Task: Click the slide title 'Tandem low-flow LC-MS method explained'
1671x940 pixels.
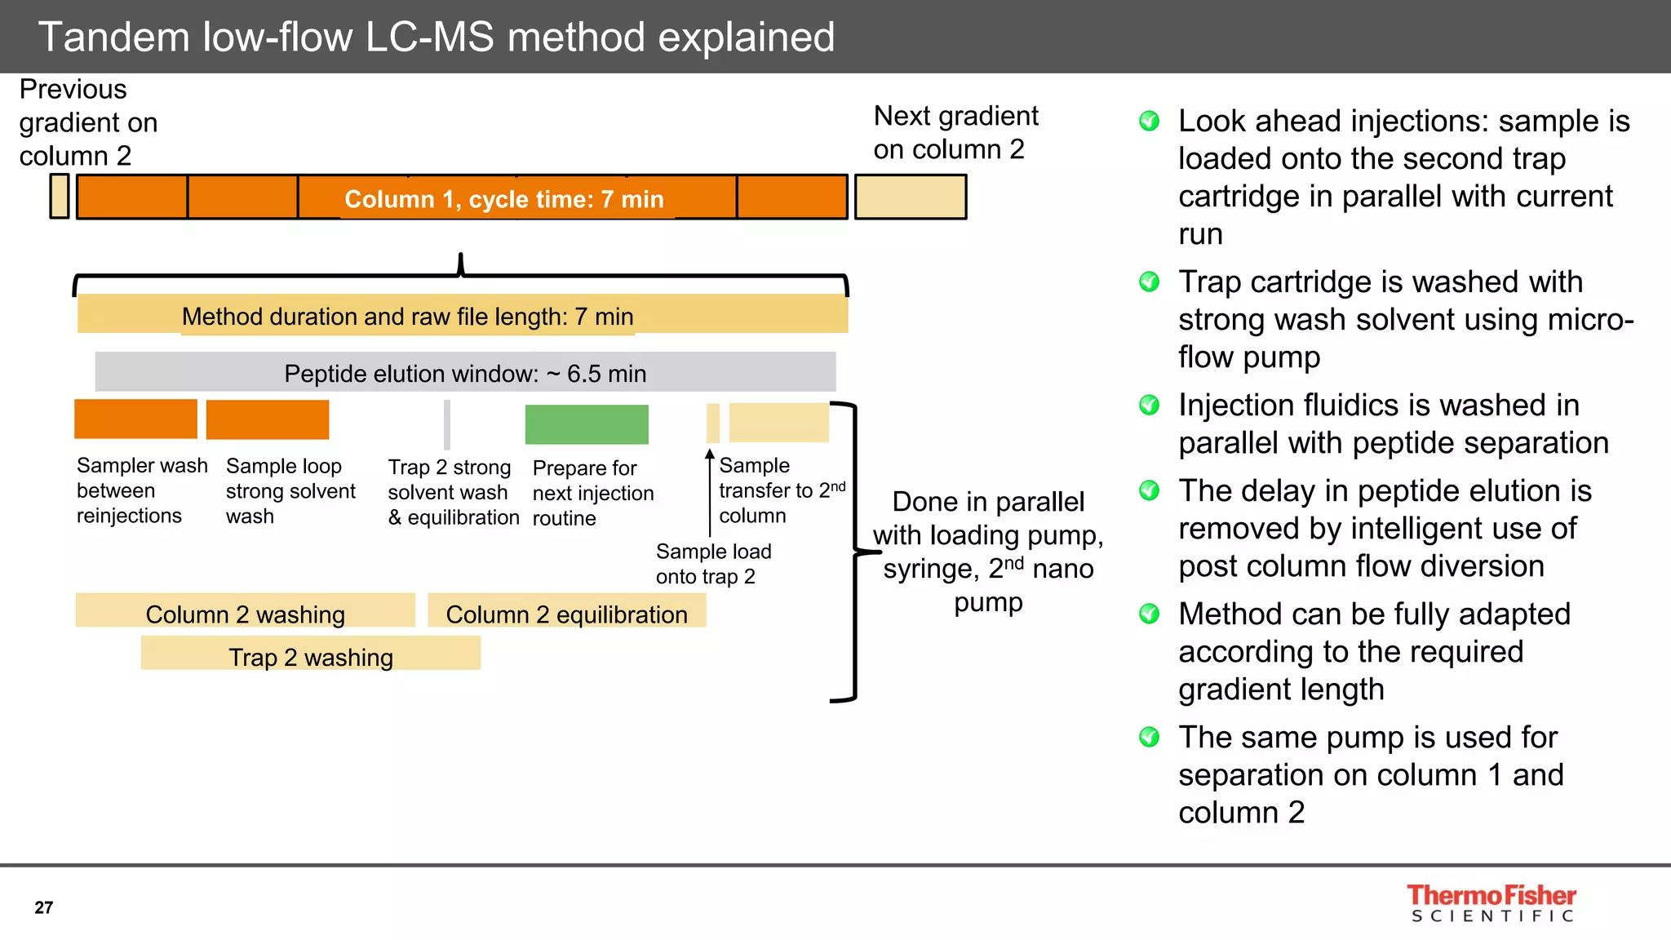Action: (437, 38)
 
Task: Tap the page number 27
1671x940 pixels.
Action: (44, 907)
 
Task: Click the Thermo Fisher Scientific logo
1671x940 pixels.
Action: (1491, 903)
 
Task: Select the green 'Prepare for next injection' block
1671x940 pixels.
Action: (586, 424)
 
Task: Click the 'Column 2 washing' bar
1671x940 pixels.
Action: (245, 611)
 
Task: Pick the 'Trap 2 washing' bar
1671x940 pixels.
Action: (310, 654)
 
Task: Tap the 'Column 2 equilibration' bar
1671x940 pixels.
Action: (566, 611)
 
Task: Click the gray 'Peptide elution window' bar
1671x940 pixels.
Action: (465, 372)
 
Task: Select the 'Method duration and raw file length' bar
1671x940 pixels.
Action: (462, 315)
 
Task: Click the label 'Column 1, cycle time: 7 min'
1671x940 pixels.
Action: (503, 199)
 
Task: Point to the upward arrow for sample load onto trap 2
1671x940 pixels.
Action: (710, 490)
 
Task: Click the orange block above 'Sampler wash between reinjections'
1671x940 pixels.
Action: (135, 419)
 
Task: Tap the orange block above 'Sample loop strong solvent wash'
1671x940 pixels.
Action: (268, 419)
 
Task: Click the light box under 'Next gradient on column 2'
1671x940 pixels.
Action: (910, 197)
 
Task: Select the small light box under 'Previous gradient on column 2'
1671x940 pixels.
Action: (59, 196)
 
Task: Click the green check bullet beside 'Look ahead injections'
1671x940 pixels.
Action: (1149, 122)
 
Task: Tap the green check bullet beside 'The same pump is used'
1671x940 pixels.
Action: (1149, 738)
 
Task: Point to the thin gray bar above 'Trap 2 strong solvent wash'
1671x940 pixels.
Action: (447, 424)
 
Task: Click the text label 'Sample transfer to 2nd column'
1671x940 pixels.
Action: (780, 490)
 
